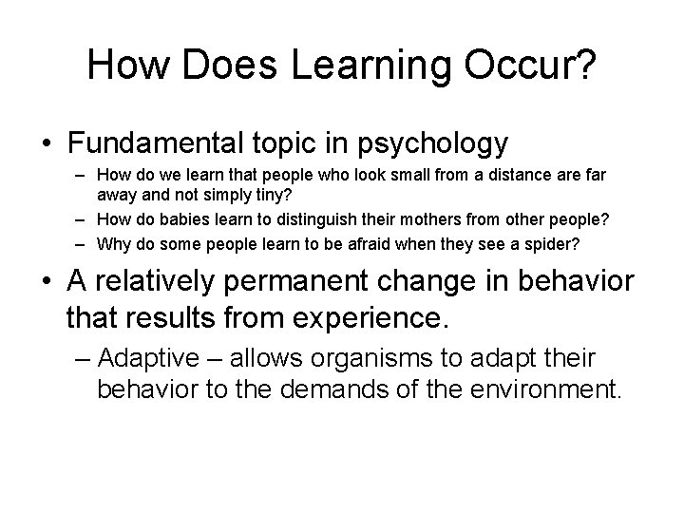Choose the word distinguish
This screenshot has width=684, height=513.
(345, 220)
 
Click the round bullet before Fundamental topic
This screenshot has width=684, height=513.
(47, 145)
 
